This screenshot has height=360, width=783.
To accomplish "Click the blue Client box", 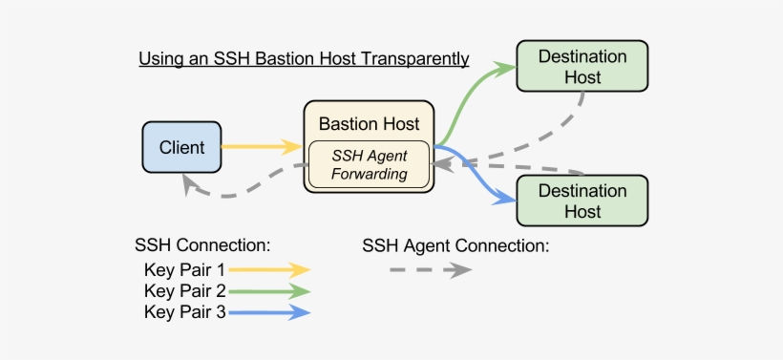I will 181,147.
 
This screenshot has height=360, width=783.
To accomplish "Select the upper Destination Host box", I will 582,66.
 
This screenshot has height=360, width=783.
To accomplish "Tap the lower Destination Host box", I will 582,201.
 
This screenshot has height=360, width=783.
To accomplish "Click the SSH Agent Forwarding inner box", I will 369,164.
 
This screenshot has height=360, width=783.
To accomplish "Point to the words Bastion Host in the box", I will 369,124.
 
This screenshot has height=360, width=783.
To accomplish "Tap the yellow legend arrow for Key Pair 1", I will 269,269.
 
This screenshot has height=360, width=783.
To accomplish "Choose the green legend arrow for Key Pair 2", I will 269,290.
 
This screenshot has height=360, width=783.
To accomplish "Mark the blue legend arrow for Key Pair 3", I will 269,311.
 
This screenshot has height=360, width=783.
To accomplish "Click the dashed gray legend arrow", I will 430,270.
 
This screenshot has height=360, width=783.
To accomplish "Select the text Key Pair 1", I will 184,269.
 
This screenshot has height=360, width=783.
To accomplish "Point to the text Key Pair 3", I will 184,311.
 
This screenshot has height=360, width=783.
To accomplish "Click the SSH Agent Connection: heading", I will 455,246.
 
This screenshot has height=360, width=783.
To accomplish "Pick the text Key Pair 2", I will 184,290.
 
